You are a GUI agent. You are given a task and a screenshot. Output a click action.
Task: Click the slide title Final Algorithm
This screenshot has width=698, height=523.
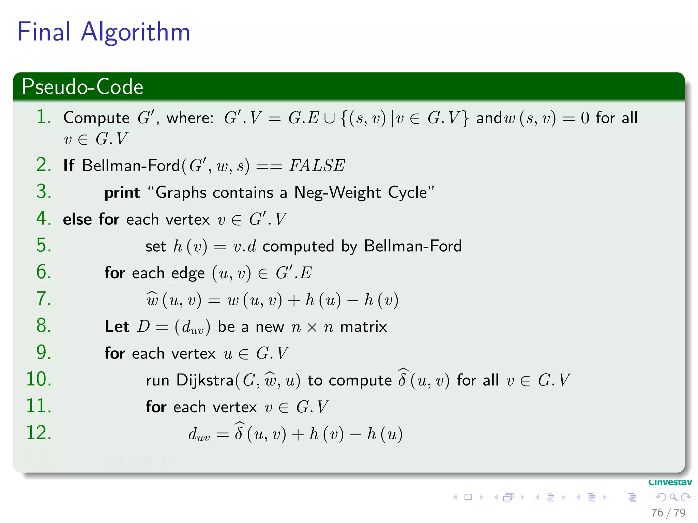103,32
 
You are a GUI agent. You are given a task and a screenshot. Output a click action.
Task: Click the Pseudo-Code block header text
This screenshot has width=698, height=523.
82,86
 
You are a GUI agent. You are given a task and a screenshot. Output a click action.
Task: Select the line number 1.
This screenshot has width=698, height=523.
44,117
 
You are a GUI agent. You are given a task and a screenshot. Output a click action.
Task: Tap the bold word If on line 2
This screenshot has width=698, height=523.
69,165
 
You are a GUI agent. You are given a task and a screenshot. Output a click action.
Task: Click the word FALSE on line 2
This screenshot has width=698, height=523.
317,166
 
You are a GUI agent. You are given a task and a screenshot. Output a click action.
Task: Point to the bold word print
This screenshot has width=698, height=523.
122,193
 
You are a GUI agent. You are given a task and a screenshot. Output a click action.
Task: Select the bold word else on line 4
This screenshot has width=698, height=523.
77,219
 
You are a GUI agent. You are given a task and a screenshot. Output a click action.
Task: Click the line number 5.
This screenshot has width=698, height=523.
44,245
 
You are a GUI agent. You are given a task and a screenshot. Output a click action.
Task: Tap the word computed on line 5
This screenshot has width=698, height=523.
298,246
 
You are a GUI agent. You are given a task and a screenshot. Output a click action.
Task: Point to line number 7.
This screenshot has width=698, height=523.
44,299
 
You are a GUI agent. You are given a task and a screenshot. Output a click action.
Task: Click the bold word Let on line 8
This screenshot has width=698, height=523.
117,327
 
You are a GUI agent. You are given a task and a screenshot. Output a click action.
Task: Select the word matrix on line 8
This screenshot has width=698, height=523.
363,327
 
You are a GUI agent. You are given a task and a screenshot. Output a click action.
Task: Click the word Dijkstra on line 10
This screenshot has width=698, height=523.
204,380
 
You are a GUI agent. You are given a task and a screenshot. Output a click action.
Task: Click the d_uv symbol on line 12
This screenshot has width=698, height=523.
199,435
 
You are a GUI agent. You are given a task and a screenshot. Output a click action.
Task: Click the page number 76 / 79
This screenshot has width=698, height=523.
668,512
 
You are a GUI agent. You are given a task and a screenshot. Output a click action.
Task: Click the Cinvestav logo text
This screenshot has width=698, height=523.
670,482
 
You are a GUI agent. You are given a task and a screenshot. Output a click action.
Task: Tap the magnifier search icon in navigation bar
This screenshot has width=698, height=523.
673,497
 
